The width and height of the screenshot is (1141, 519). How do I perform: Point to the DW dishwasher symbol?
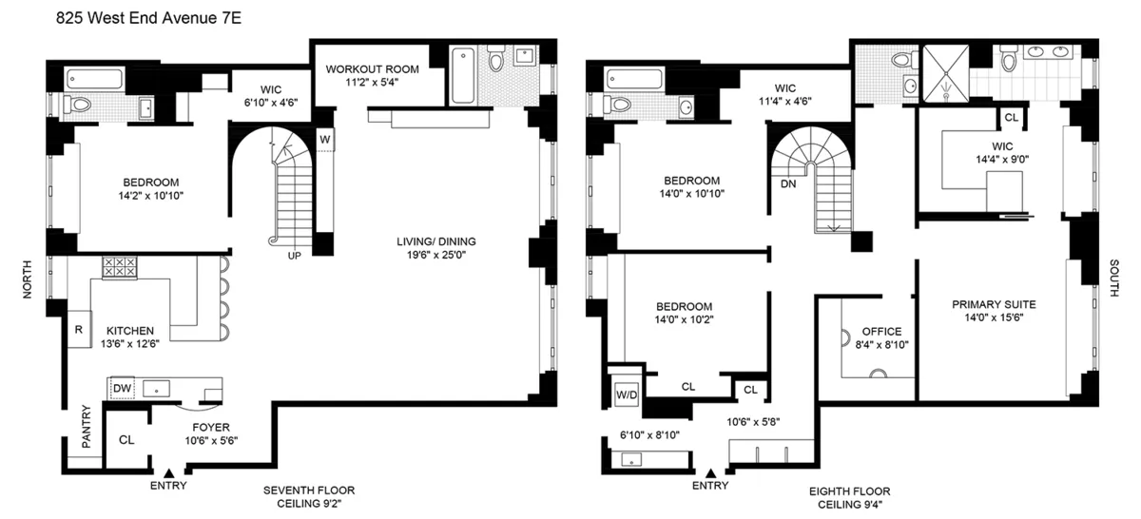point(122,388)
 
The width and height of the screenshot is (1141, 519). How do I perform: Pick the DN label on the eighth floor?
point(787,183)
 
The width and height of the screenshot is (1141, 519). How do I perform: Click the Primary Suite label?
point(994,304)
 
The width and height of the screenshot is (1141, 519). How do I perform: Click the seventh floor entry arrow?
point(169,471)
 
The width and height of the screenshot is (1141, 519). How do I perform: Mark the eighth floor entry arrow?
point(710,471)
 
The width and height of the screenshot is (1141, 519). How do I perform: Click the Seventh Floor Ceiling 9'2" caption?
point(309,496)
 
